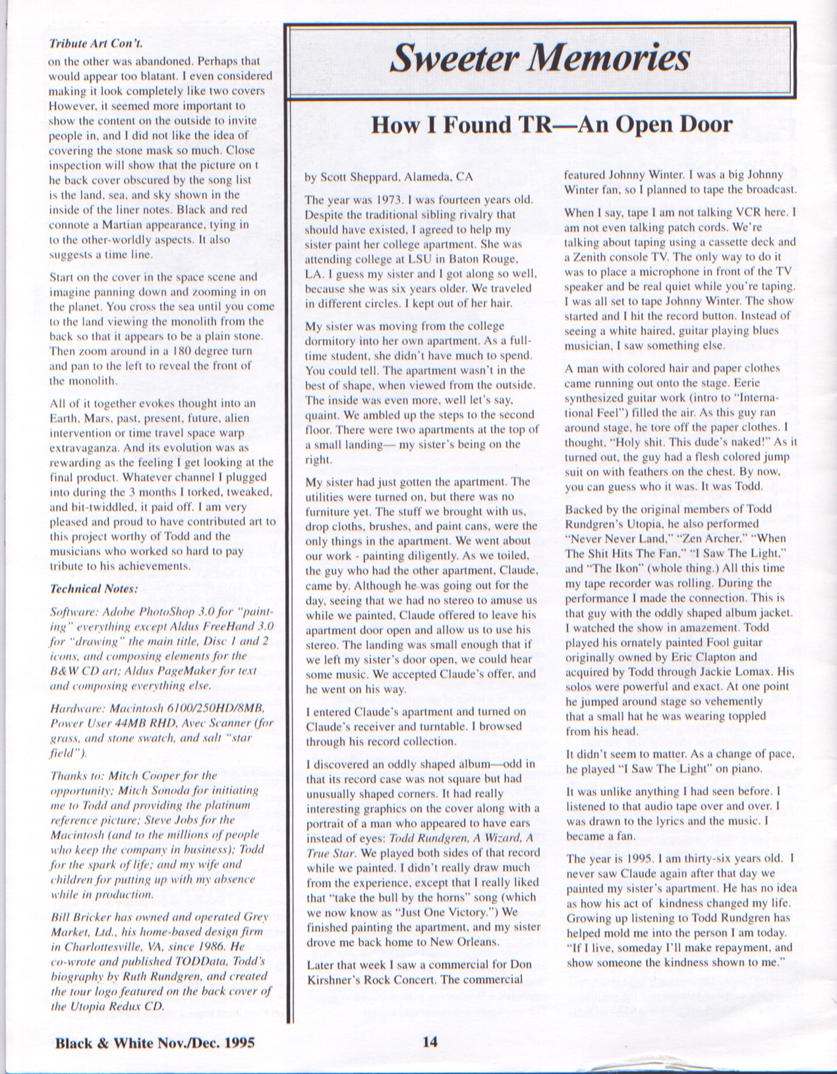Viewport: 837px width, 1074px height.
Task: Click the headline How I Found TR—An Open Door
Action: coord(552,125)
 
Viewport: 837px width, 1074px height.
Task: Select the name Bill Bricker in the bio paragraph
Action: coord(81,916)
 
